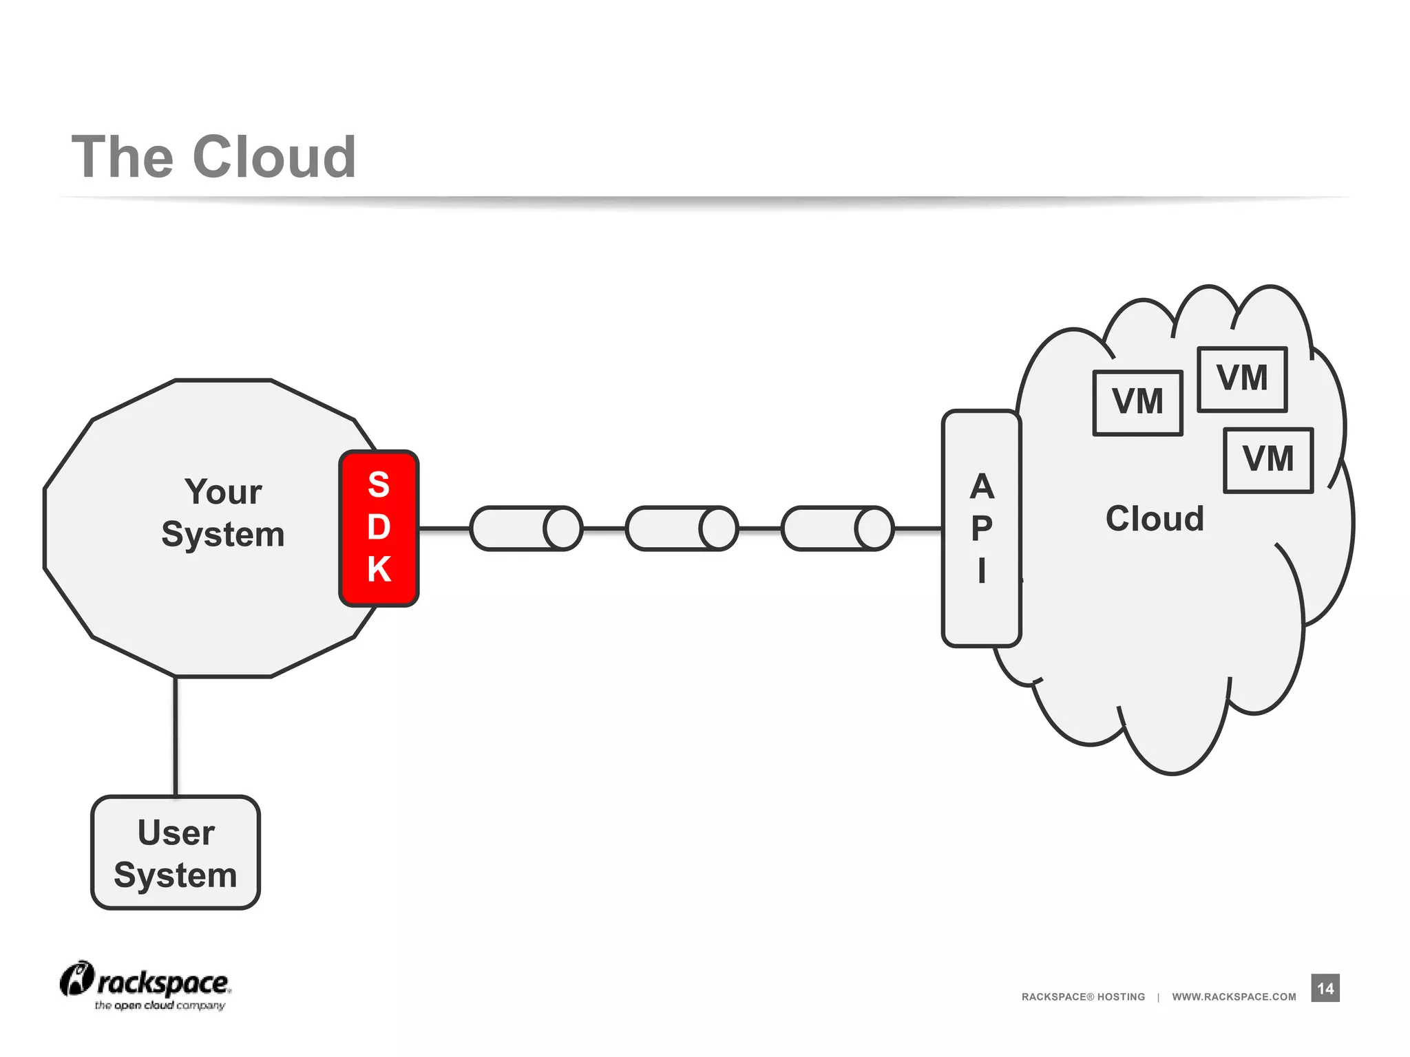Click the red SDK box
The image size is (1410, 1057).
pos(379,528)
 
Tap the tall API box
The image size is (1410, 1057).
pos(981,528)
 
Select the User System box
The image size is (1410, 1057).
pos(176,853)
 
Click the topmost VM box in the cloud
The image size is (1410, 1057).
pos(1241,379)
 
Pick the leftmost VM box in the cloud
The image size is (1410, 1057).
pos(1137,403)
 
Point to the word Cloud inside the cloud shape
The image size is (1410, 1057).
pos(1155,518)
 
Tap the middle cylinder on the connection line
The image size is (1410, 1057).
pos(682,528)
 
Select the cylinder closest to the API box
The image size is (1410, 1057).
pos(837,528)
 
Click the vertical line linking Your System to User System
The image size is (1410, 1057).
pos(176,736)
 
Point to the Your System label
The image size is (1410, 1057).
pos(223,513)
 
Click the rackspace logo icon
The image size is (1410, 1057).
pos(76,978)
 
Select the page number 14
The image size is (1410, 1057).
pos(1325,988)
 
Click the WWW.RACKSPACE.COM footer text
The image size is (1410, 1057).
pos(1234,996)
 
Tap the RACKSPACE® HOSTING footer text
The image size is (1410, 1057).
pos(1083,996)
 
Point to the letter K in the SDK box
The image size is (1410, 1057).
pos(379,569)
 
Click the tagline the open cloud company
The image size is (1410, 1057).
pos(160,1005)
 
